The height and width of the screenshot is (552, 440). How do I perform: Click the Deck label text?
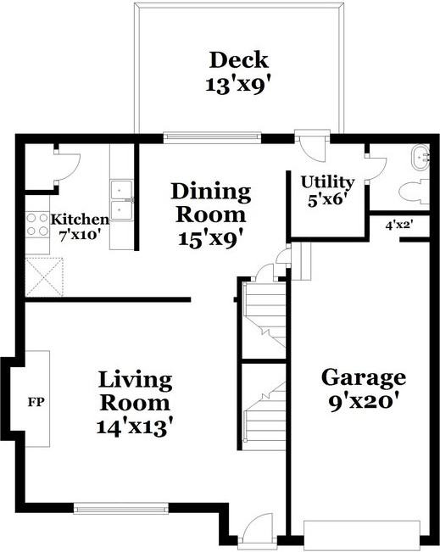(238, 60)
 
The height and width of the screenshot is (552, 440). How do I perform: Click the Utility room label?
(327, 182)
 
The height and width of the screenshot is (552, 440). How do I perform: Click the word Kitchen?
(80, 219)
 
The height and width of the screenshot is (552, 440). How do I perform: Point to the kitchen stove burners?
(36, 224)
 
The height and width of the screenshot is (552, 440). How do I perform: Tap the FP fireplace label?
(36, 400)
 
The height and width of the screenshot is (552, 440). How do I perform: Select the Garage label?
(362, 377)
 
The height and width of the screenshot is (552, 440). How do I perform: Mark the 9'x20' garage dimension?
(362, 402)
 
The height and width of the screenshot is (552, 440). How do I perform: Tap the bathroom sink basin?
(421, 158)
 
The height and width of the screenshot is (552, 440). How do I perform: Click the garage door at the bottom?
(362, 534)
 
